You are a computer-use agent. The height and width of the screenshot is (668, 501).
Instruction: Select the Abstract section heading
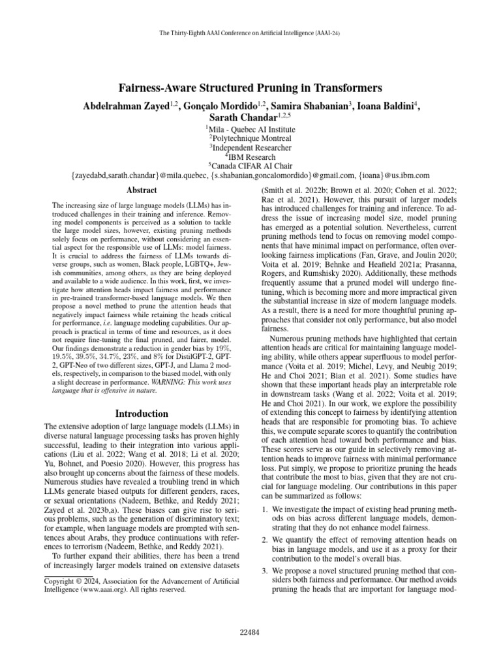141,190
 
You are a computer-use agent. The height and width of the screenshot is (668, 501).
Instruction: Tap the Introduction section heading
141,414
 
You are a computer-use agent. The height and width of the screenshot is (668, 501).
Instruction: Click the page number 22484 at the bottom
250,633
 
